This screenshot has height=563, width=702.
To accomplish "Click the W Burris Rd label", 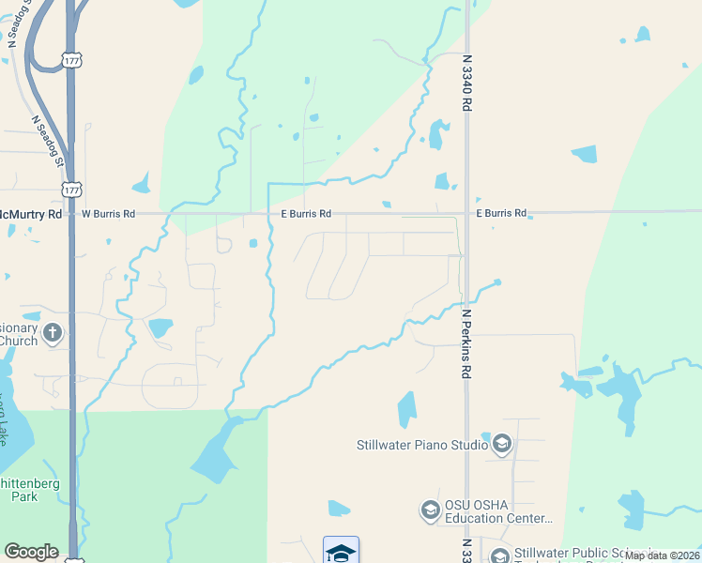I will [x=108, y=214].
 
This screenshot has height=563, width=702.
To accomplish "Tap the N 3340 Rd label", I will [x=466, y=83].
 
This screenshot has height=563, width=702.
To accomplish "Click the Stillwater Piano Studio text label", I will [x=421, y=445].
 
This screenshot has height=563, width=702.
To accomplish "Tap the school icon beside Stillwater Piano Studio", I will [x=502, y=443].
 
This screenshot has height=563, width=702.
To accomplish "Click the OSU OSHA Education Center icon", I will [x=431, y=510].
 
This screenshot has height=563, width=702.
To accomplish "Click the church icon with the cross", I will [x=53, y=331].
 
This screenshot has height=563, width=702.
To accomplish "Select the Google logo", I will [x=31, y=551].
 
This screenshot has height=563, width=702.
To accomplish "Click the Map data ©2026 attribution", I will [x=662, y=555].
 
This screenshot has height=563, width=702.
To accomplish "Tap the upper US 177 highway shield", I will [x=72, y=60].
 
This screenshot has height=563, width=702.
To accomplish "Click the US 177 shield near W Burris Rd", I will [x=72, y=189].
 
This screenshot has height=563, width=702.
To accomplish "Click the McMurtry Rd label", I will [x=30, y=214].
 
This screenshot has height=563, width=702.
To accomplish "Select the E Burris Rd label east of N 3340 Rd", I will [x=501, y=214].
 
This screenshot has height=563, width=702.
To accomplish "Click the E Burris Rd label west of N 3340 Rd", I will [x=306, y=214].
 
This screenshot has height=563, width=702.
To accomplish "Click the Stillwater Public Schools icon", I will [x=499, y=555].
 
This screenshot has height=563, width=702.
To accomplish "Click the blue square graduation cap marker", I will [x=341, y=552].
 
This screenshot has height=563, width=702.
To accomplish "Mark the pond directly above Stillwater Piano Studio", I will [x=406, y=410].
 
